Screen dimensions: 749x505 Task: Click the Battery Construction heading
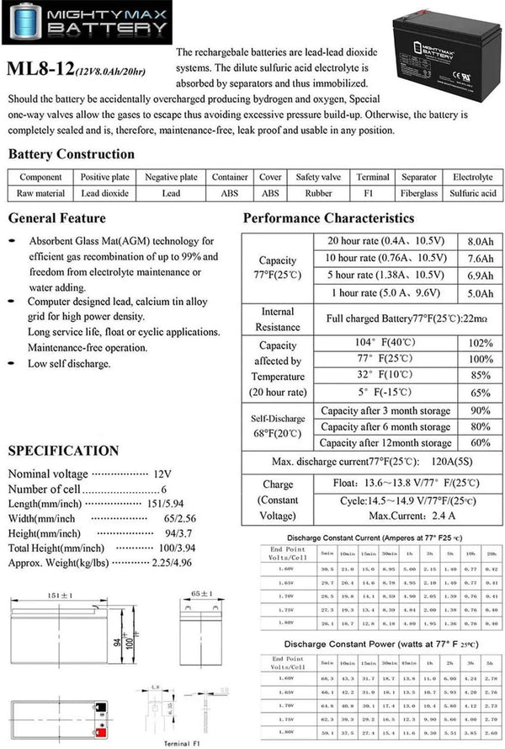click(x=71, y=154)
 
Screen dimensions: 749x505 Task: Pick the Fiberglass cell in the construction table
click(x=418, y=193)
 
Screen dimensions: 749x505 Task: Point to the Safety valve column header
click(x=318, y=177)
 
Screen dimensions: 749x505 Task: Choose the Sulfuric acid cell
click(x=472, y=193)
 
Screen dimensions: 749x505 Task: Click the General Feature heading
click(x=56, y=218)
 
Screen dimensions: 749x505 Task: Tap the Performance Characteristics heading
click(x=328, y=218)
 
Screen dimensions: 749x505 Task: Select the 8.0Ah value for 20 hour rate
click(x=480, y=241)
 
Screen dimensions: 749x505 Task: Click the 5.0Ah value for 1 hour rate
click(x=480, y=294)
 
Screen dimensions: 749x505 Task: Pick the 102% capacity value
click(x=480, y=343)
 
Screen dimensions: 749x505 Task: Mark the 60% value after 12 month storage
click(x=480, y=442)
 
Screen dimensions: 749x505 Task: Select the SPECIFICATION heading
click(x=63, y=451)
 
